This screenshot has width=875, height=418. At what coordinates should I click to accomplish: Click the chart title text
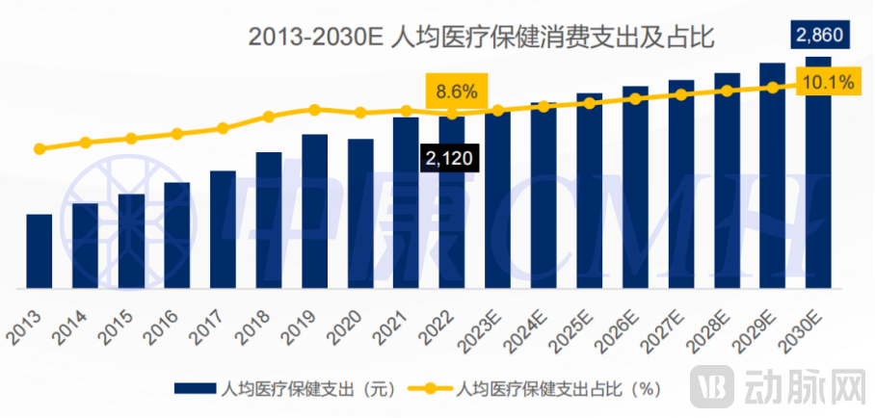(479, 38)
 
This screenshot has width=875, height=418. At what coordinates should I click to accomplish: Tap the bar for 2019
(314, 212)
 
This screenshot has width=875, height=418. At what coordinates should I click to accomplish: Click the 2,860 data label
(818, 36)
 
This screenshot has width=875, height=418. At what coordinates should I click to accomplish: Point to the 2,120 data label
(449, 158)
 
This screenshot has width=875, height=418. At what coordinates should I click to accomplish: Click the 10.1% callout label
(828, 83)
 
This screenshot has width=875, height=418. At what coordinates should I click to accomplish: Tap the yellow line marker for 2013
(40, 149)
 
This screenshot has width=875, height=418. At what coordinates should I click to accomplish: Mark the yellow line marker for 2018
(269, 118)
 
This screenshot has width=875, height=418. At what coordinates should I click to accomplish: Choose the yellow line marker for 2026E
(635, 98)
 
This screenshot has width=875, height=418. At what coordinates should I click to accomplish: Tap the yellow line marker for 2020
(360, 113)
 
